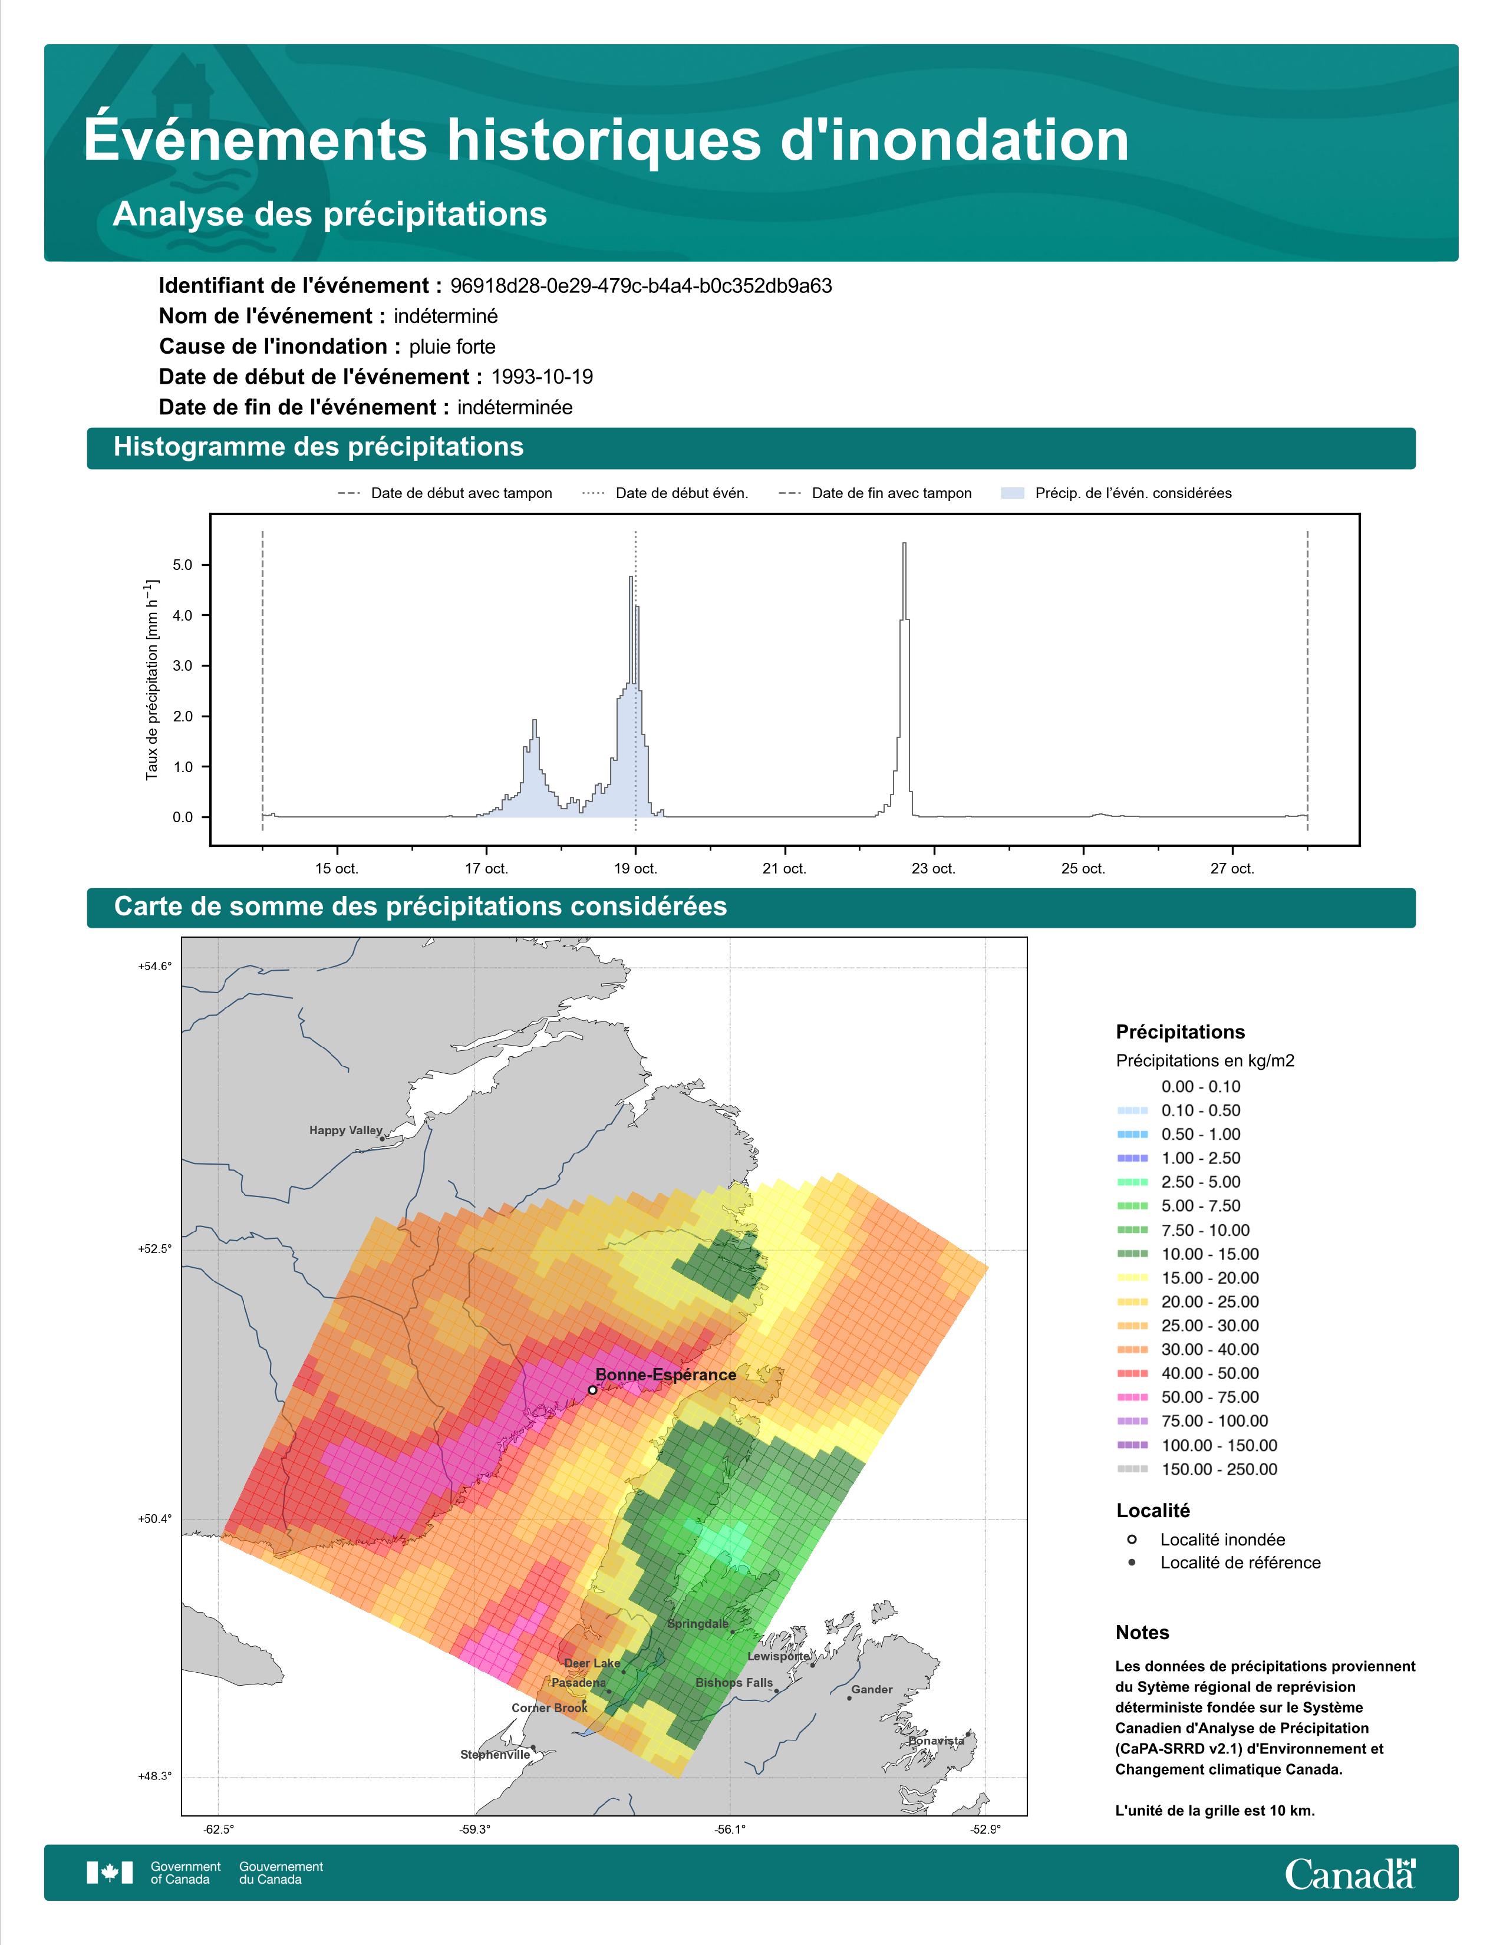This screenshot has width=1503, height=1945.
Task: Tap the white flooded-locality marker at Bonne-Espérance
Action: pyautogui.click(x=592, y=1389)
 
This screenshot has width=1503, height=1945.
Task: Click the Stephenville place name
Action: pyautogui.click(x=495, y=1755)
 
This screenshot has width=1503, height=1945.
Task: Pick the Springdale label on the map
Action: pyautogui.click(x=698, y=1624)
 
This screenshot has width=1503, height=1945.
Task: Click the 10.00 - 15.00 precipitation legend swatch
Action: pyautogui.click(x=1132, y=1254)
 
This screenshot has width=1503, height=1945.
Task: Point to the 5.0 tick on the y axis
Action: pyautogui.click(x=183, y=565)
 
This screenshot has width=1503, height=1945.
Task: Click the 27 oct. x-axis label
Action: pyautogui.click(x=1232, y=868)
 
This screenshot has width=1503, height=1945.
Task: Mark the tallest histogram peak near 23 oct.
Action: pyautogui.click(x=905, y=543)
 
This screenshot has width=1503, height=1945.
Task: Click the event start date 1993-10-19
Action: pyautogui.click(x=542, y=377)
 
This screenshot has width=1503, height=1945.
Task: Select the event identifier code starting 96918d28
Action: pyautogui.click(x=641, y=286)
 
